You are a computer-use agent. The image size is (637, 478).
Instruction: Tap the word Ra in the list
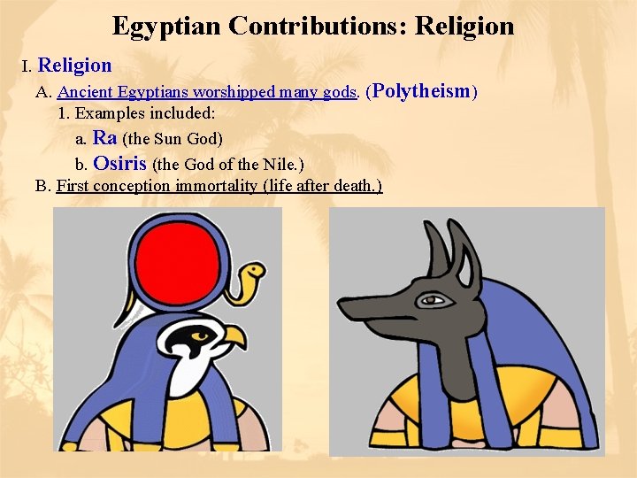pos(104,138)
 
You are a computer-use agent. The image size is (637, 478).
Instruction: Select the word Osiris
pos(119,163)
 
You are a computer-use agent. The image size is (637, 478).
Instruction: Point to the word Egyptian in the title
pos(166,26)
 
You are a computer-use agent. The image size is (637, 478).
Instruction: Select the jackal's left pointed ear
pos(434,243)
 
